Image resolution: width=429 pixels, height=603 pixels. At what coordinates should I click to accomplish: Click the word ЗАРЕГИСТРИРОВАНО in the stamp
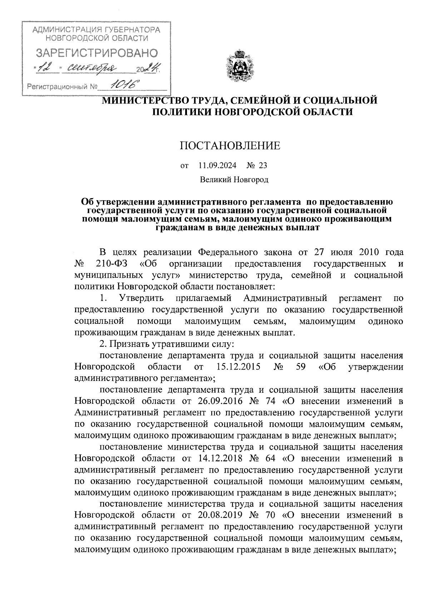[97, 54]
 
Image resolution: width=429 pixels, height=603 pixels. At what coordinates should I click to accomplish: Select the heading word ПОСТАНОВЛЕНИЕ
[230, 146]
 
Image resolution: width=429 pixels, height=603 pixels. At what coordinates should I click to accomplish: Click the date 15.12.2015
[238, 367]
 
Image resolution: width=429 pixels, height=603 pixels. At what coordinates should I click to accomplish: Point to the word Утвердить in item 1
[142, 298]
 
